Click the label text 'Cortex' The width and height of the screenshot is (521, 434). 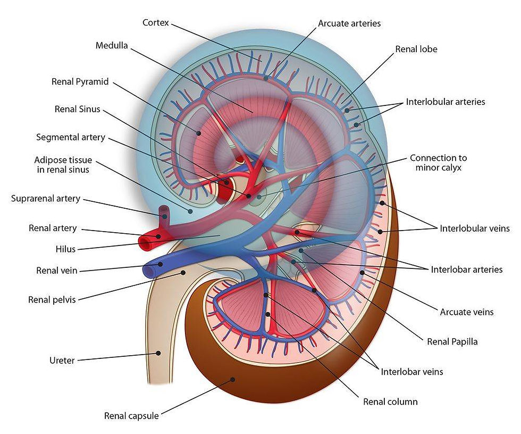coord(156,23)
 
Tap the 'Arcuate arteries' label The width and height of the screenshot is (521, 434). coord(349,23)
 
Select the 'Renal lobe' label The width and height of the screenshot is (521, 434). coord(416,49)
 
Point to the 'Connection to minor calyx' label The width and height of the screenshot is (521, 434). coord(438,162)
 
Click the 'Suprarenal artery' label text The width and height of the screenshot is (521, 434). coord(46,199)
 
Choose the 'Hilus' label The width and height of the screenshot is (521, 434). coord(66,249)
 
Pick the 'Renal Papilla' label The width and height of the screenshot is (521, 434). coord(452,341)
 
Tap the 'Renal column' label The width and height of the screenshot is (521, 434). coord(390,402)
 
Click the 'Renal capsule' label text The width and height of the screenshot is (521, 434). coord(131,416)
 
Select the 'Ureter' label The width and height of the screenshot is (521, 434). coord(62,361)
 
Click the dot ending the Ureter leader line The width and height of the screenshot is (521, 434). coord(158,353)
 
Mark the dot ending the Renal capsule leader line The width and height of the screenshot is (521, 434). coord(232,380)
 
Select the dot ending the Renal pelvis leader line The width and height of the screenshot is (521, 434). coord(183,273)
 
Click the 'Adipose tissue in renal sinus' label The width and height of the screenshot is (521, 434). coord(63,165)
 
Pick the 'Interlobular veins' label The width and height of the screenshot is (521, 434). coord(474,228)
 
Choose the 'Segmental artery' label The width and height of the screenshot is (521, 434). coord(71,137)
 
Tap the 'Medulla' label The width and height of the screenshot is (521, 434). coord(112,45)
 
